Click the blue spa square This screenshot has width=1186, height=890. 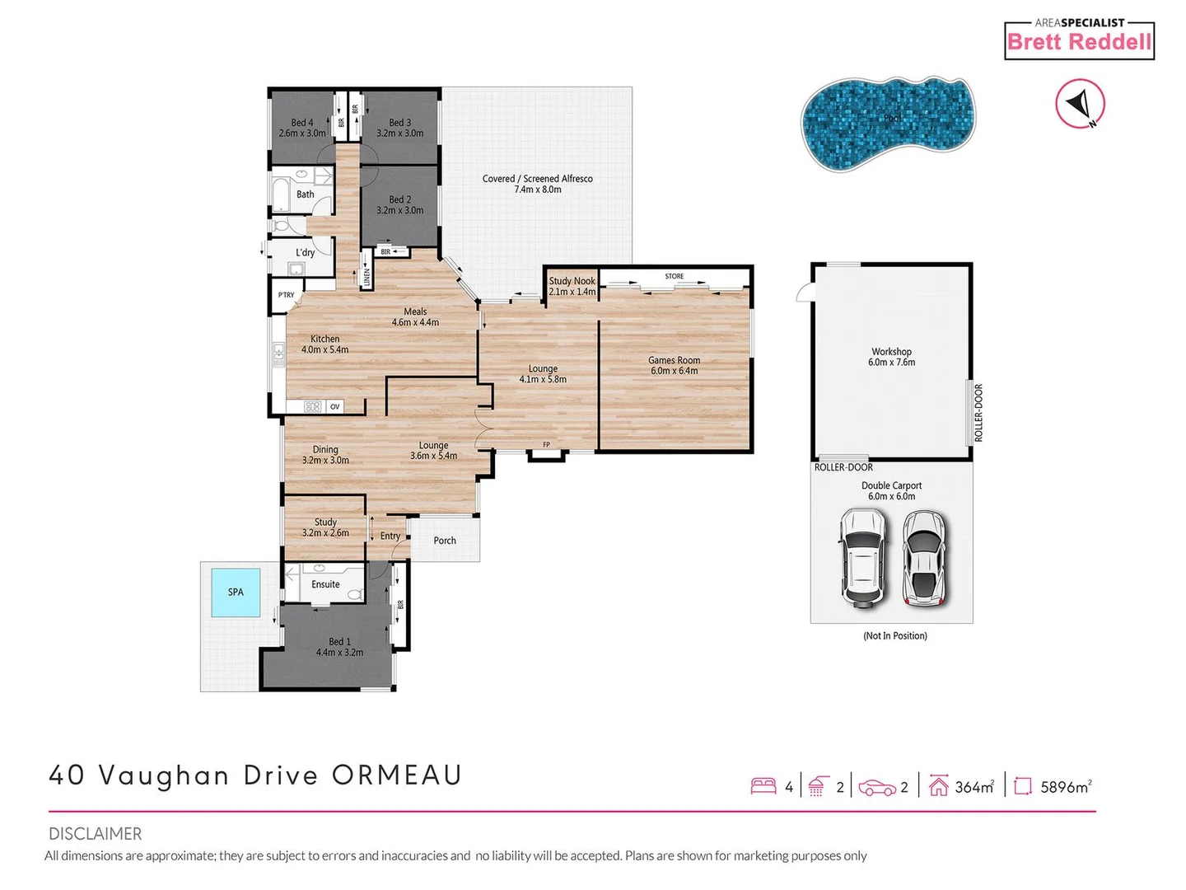(x=236, y=592)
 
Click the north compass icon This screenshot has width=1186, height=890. (x=1080, y=104)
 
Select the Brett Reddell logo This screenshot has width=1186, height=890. (x=1079, y=40)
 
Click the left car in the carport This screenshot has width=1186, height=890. (x=862, y=558)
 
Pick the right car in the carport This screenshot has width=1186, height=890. (x=925, y=557)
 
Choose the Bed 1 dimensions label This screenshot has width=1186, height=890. (x=339, y=653)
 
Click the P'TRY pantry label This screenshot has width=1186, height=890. (x=286, y=295)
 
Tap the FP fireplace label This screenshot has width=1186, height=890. (x=546, y=445)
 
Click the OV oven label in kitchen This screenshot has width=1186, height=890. (x=334, y=406)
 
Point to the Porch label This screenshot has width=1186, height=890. (x=445, y=541)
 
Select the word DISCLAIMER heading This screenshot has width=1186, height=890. (x=95, y=833)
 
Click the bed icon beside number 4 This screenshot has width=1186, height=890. (x=763, y=786)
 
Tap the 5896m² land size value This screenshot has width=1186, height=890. (x=1066, y=787)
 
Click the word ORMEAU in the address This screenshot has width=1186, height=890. (x=396, y=775)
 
